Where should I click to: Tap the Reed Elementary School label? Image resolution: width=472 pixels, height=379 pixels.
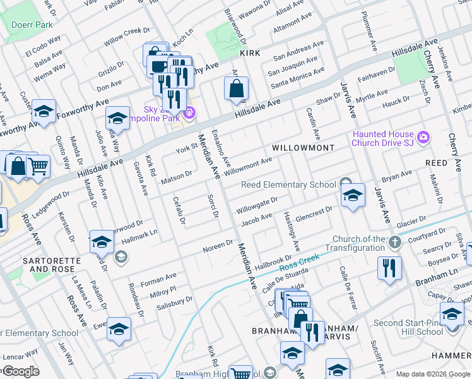[x=289, y=184]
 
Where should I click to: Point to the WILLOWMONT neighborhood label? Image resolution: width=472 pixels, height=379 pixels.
[x=303, y=147]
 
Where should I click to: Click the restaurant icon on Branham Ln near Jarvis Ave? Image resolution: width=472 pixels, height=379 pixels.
[x=389, y=267]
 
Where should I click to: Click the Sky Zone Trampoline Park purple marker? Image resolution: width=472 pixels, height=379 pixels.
[x=189, y=114]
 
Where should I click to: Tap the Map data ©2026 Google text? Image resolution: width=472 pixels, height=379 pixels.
[x=432, y=374]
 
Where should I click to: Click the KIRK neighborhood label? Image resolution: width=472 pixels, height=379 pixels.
[x=250, y=54]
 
